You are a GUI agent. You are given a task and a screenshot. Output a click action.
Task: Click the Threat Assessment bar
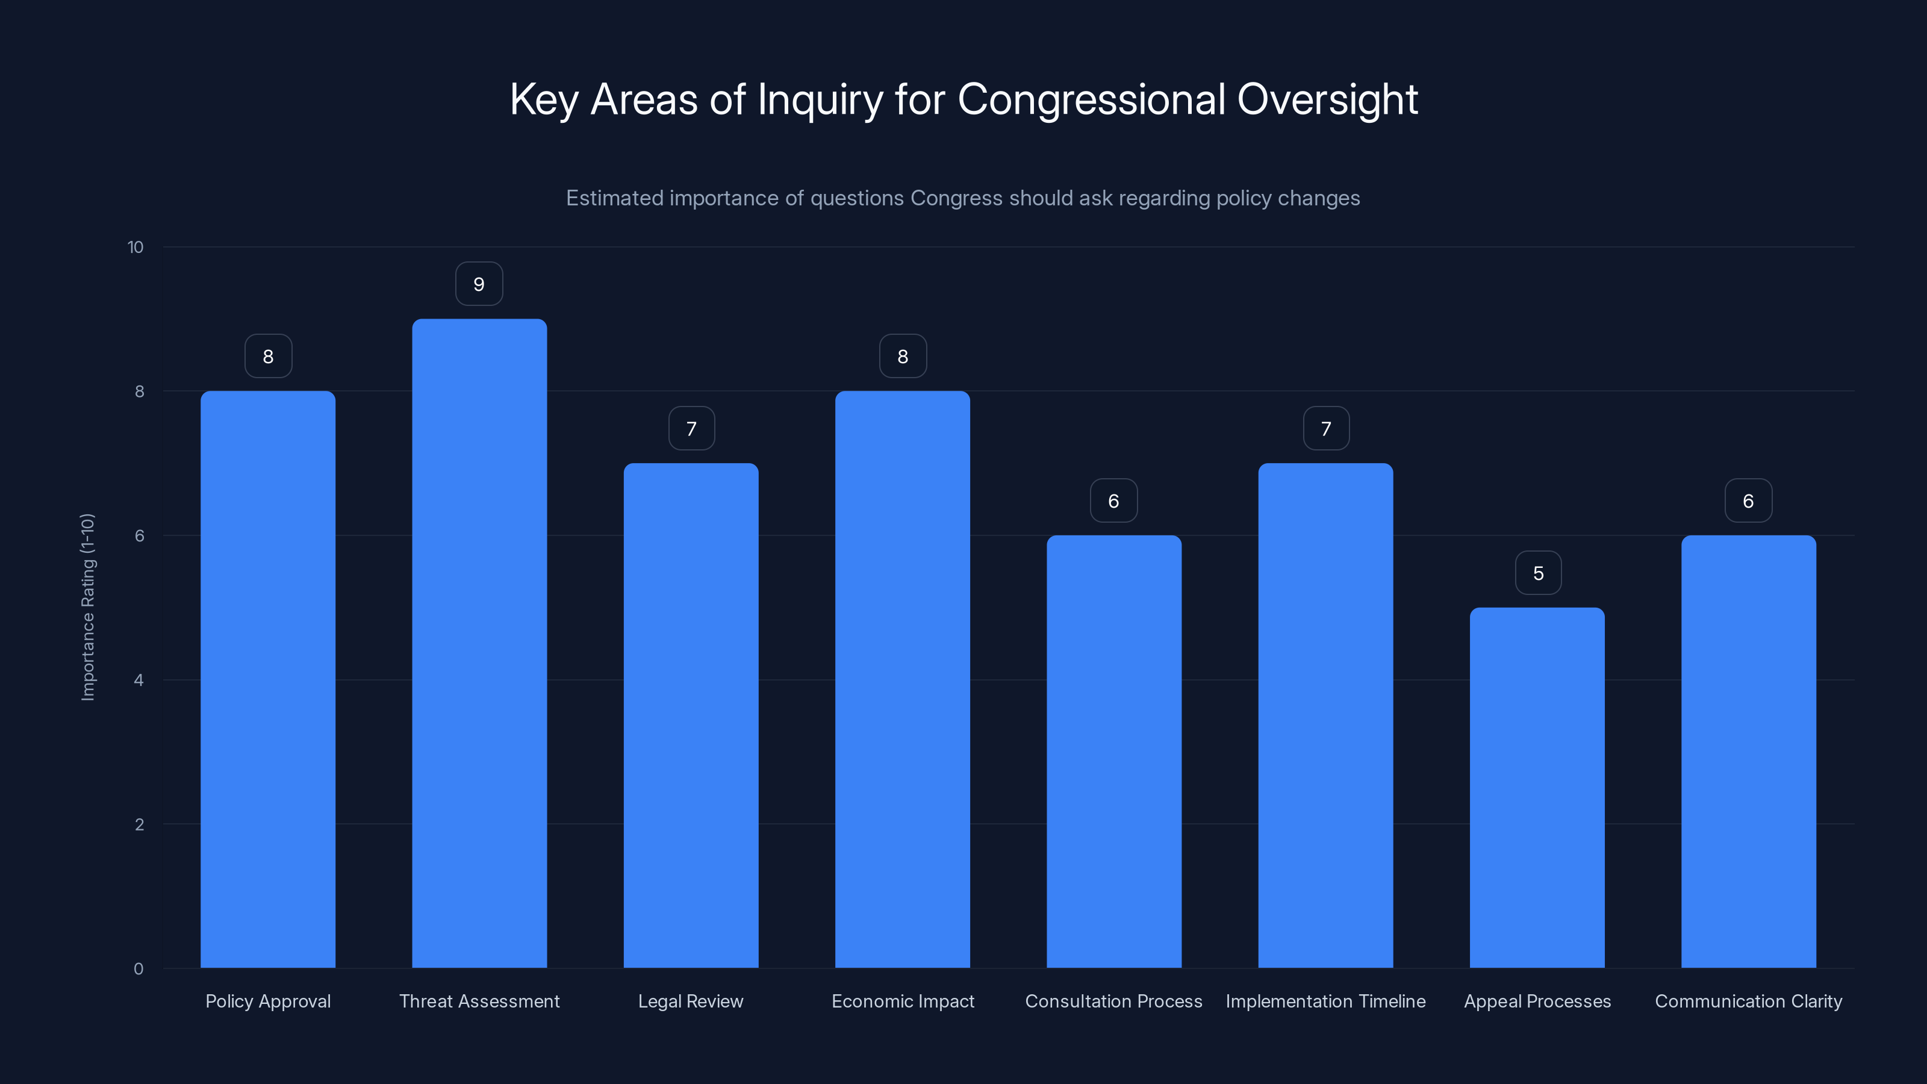(x=479, y=643)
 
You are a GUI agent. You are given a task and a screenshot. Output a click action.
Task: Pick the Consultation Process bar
(x=1114, y=751)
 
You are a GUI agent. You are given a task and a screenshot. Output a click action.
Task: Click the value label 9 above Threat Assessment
(x=479, y=284)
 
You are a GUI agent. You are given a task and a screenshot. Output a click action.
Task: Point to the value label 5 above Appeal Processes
(x=1538, y=573)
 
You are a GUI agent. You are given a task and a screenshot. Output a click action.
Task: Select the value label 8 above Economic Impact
(x=903, y=357)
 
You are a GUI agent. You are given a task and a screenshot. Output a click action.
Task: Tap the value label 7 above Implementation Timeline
(x=1325, y=429)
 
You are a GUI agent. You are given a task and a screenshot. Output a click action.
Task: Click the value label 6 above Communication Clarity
(x=1748, y=501)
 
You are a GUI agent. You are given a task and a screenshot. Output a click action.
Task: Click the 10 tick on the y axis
(x=135, y=247)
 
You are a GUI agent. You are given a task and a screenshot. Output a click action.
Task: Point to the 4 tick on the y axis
(x=139, y=680)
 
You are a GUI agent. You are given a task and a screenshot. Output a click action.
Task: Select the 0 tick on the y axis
(x=139, y=969)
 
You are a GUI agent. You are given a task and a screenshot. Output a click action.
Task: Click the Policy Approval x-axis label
(x=268, y=1001)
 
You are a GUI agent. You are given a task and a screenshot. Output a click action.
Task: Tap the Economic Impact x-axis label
(x=903, y=1001)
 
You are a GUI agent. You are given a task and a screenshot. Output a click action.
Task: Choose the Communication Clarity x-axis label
(x=1748, y=1001)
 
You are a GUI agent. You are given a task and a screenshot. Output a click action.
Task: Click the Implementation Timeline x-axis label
(x=1325, y=1001)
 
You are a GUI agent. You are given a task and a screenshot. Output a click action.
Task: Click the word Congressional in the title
(x=1091, y=99)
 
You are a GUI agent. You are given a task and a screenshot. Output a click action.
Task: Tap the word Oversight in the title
(x=1327, y=99)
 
